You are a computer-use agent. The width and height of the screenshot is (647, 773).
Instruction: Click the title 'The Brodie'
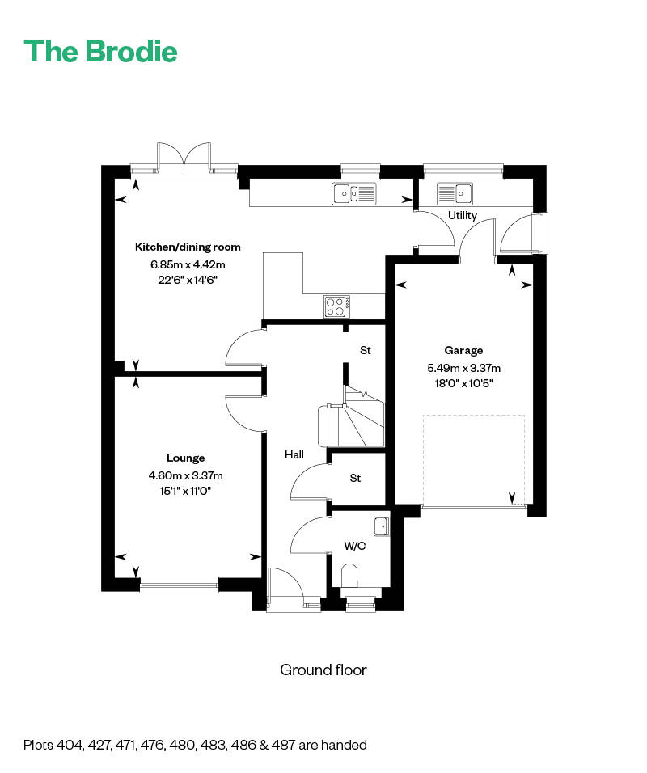[x=100, y=52]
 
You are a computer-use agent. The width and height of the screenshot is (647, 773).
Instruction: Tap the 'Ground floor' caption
[x=323, y=670]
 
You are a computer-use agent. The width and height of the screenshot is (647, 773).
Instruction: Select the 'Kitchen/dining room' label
[x=188, y=247]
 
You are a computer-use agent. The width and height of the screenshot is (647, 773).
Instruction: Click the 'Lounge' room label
[x=186, y=458]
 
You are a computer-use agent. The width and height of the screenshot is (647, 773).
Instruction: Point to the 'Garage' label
[x=463, y=350]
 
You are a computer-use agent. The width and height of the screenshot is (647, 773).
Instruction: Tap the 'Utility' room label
[x=463, y=215]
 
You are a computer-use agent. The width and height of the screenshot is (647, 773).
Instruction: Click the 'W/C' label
[x=355, y=546]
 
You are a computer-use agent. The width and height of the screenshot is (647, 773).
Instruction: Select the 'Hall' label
[x=294, y=455]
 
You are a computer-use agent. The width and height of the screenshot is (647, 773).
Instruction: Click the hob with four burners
[x=337, y=306]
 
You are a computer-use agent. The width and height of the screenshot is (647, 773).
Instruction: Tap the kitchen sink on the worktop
[x=353, y=193]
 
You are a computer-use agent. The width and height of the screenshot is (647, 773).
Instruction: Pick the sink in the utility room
[x=455, y=193]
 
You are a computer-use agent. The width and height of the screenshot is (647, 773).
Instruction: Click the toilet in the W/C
[x=350, y=577]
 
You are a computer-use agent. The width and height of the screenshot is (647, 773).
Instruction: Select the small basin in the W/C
[x=381, y=526]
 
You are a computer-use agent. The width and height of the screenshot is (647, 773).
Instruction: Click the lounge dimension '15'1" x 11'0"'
[x=185, y=490]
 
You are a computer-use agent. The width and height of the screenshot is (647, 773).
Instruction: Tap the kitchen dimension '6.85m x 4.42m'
[x=188, y=264]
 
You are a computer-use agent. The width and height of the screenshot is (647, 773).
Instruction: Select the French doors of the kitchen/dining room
[x=184, y=158]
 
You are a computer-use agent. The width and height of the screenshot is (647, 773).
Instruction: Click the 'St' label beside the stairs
[x=366, y=350]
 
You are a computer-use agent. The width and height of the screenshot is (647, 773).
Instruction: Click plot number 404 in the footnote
[x=70, y=745]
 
